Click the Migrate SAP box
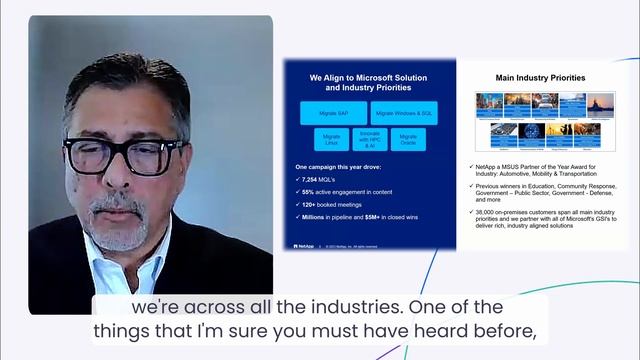click(333, 113)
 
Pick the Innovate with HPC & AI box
click(369, 140)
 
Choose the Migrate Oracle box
click(408, 140)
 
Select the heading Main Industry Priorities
click(541, 77)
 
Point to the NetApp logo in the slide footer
click(301, 245)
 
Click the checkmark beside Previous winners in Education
click(470, 183)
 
